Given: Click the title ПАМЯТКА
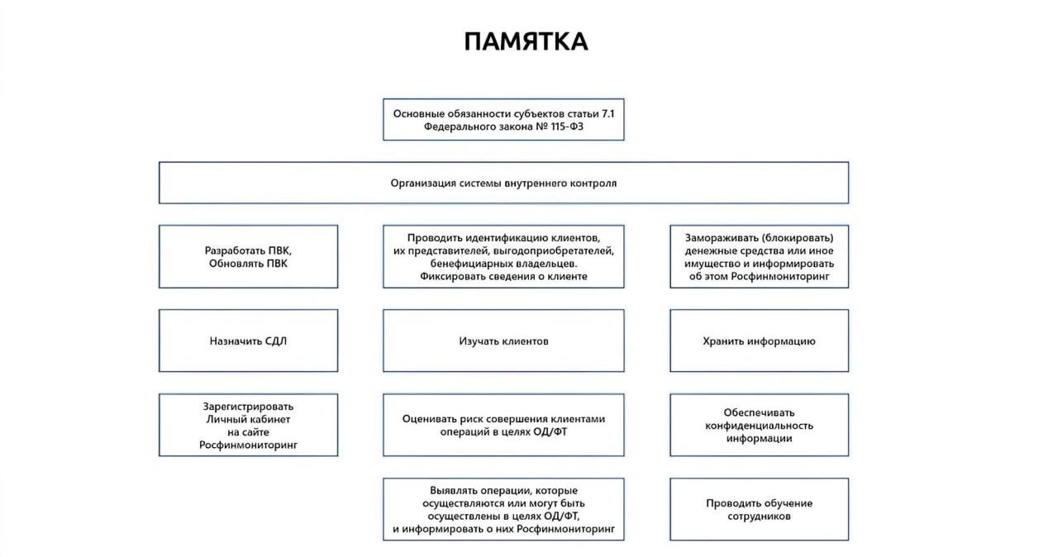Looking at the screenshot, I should pyautogui.click(x=526, y=42).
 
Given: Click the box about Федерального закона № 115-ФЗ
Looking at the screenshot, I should pyautogui.click(x=503, y=120).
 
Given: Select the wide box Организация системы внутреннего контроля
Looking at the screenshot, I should pyautogui.click(x=503, y=183).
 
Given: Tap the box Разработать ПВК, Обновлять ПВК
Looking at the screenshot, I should pyautogui.click(x=248, y=256).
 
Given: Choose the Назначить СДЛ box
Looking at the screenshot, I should pyautogui.click(x=248, y=340).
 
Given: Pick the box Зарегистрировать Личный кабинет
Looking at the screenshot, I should pyautogui.click(x=248, y=425).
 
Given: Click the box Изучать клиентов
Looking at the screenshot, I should pyautogui.click(x=503, y=340).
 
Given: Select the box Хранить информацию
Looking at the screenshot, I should pyautogui.click(x=759, y=340).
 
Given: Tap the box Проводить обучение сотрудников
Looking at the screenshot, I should pyautogui.click(x=759, y=509).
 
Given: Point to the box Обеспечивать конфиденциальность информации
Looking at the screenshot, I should pyautogui.click(x=759, y=425).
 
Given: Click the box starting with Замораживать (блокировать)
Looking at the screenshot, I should pyautogui.click(x=759, y=256).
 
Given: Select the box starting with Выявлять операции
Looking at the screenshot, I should pyautogui.click(x=503, y=509).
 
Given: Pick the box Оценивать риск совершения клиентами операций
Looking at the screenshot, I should pyautogui.click(x=503, y=425).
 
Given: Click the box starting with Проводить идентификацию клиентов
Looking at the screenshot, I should pyautogui.click(x=503, y=256).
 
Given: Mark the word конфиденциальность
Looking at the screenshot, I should pyautogui.click(x=759, y=425).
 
